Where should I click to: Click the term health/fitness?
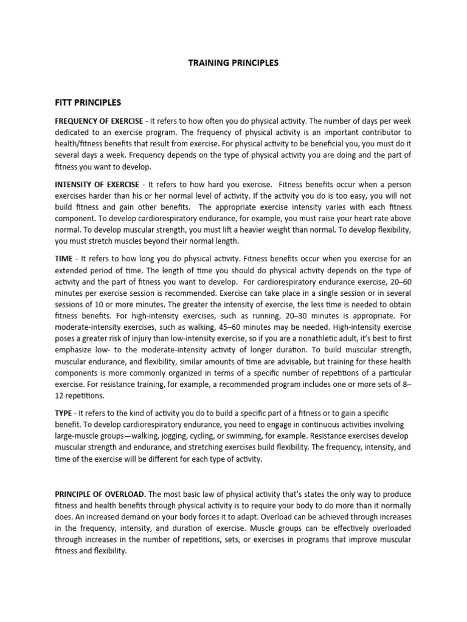tap(82, 145)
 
